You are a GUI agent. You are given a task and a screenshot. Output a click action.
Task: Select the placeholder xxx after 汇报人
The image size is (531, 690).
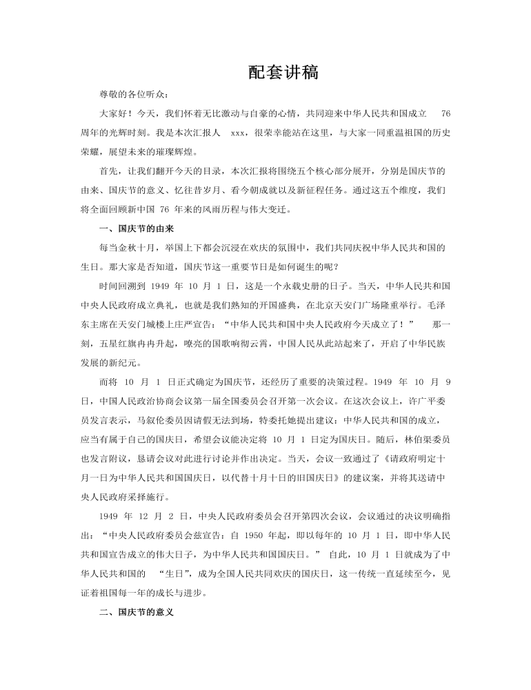click(237, 131)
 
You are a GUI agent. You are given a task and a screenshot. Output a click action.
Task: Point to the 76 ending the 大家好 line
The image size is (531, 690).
click(445, 113)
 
